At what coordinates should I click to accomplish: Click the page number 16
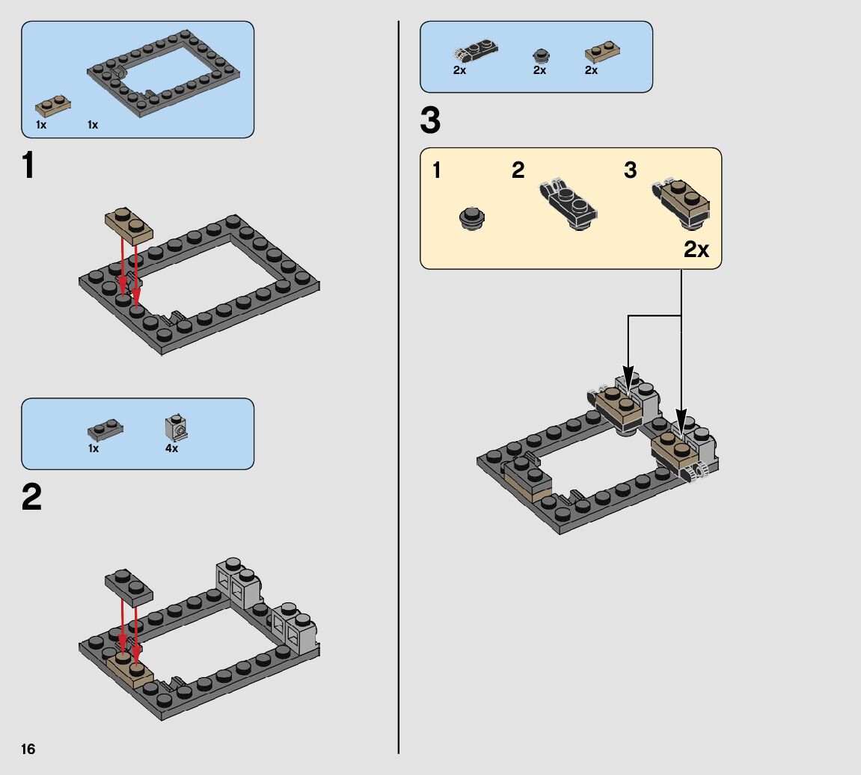tap(28, 749)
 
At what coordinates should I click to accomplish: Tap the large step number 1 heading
tap(28, 166)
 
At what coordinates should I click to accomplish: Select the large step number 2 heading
tap(31, 498)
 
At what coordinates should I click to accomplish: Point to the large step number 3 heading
tap(430, 121)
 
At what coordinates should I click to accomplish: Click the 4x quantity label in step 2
tap(172, 449)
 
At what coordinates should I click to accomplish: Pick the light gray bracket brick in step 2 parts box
tap(176, 427)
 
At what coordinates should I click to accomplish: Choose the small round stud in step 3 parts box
tap(540, 55)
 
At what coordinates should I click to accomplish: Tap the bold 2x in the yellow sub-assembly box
tap(696, 250)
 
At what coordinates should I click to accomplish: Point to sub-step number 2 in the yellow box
tap(518, 170)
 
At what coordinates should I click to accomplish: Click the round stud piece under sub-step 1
tap(471, 217)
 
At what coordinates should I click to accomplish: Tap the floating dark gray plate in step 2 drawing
tap(129, 586)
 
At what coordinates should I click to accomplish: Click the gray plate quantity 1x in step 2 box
tap(94, 449)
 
